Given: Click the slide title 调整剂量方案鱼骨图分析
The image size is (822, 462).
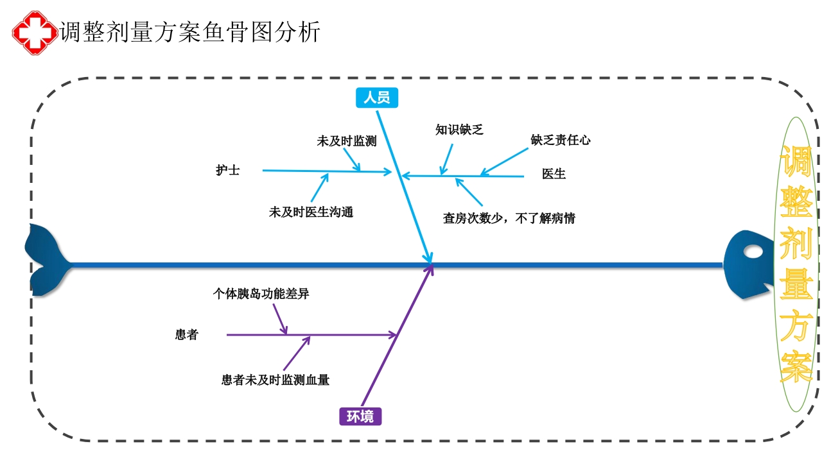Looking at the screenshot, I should [190, 31].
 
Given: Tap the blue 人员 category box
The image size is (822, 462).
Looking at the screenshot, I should [377, 98].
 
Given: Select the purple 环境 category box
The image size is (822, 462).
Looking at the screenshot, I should [360, 416].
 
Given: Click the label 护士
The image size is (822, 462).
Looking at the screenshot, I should [228, 171].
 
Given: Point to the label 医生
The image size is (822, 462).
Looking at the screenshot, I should [554, 174].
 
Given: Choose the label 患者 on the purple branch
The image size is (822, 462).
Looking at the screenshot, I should [187, 335].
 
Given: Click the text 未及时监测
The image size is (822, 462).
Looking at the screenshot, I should [346, 142].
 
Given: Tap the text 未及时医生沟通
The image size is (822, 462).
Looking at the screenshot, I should [311, 212].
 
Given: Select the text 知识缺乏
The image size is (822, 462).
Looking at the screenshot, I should [459, 130].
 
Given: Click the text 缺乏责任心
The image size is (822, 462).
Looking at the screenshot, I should [561, 140].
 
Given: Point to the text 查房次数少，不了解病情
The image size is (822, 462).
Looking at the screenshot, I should [509, 219].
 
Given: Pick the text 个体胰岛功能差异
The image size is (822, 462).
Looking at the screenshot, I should [261, 295].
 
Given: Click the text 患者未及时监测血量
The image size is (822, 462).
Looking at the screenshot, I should [275, 381].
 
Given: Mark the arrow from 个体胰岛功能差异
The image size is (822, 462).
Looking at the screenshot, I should [280, 319].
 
